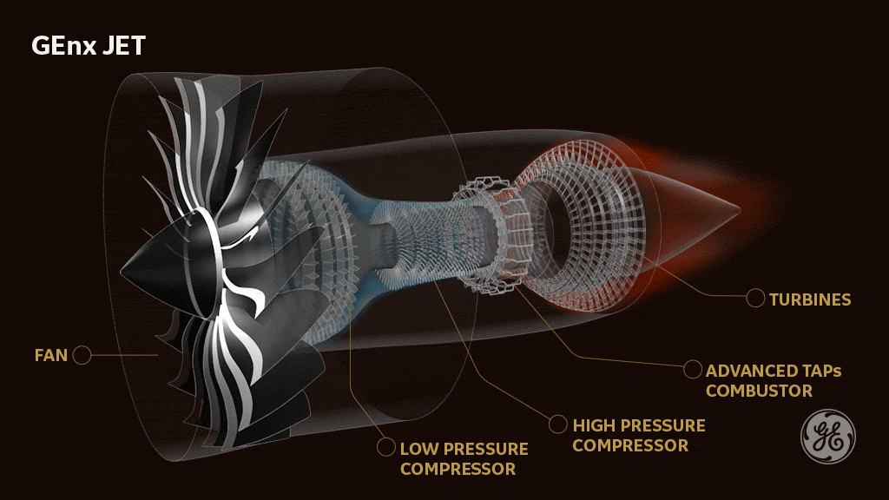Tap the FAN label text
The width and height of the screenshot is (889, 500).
50,355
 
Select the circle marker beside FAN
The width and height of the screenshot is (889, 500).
82,355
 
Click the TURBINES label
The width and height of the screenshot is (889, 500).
810,299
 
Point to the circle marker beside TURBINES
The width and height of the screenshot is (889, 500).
755,299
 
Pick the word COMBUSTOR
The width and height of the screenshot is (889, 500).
759,391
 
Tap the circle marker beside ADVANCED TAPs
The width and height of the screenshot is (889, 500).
692,370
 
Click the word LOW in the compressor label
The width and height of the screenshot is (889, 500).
418,449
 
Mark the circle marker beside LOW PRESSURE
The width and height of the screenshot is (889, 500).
385,449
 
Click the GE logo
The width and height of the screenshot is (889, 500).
826,436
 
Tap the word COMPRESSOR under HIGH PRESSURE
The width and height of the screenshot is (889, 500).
630,445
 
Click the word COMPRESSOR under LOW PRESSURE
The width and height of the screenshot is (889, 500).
458,469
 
